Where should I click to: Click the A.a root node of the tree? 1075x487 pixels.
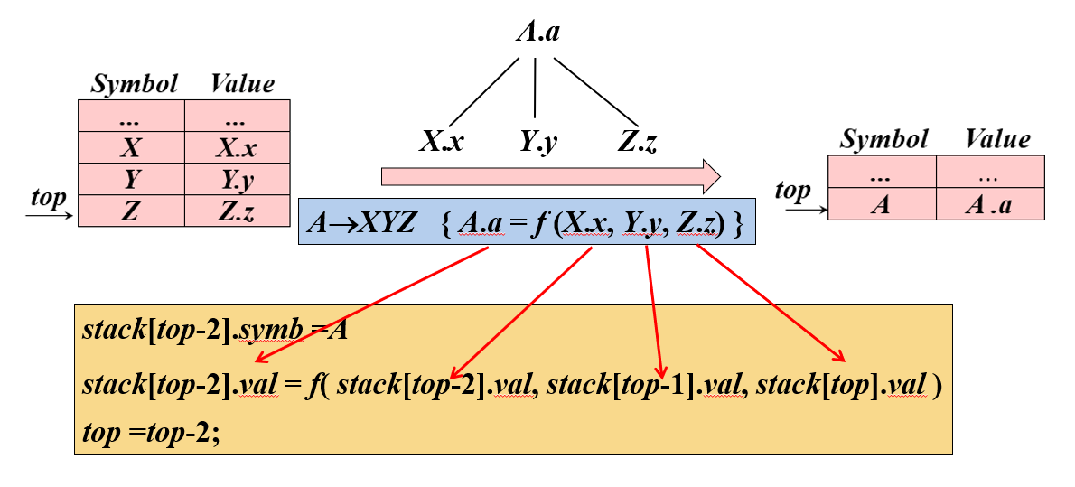click(x=537, y=33)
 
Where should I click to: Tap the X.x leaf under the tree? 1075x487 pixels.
click(x=442, y=142)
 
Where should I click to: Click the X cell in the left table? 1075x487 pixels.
click(x=131, y=147)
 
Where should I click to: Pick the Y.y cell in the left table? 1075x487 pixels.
click(x=238, y=179)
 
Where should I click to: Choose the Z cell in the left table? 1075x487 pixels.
click(x=131, y=211)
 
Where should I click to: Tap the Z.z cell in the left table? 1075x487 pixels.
click(x=238, y=211)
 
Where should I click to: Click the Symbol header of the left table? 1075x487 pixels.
click(x=135, y=84)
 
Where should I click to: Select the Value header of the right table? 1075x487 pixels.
click(x=997, y=139)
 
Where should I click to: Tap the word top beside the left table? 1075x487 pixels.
click(x=48, y=198)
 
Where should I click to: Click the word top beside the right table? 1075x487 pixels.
click(x=792, y=191)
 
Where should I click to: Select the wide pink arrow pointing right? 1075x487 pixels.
click(x=550, y=176)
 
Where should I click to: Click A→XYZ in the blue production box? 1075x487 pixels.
click(x=360, y=223)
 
